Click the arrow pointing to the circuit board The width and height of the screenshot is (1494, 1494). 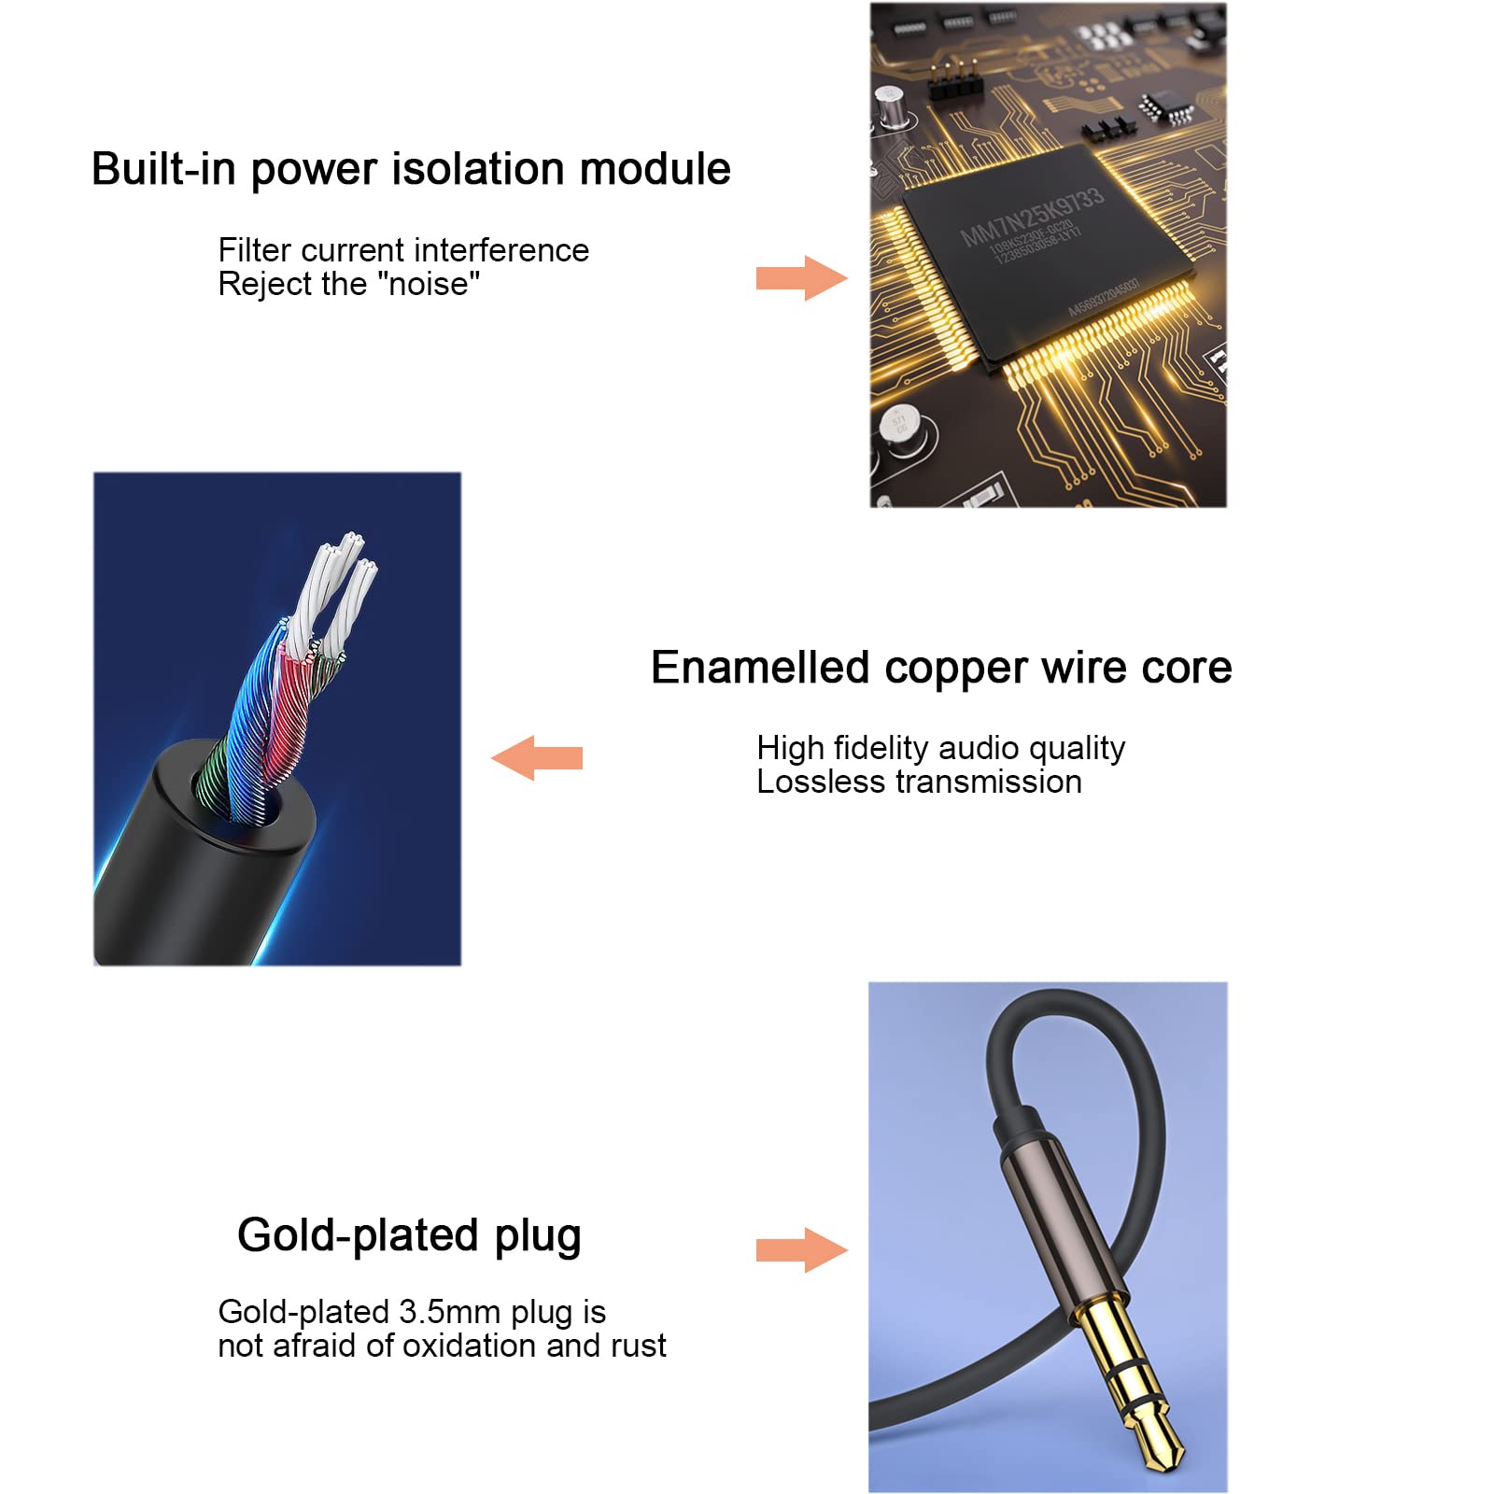click(x=801, y=277)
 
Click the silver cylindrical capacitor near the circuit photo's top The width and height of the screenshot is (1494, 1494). click(x=892, y=106)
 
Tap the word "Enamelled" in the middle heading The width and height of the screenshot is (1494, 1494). click(x=760, y=668)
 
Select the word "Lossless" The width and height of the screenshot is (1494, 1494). click(x=812, y=782)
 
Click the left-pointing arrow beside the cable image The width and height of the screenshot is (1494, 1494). click(x=537, y=757)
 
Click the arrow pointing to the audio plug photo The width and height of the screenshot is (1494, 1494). click(x=801, y=1249)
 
